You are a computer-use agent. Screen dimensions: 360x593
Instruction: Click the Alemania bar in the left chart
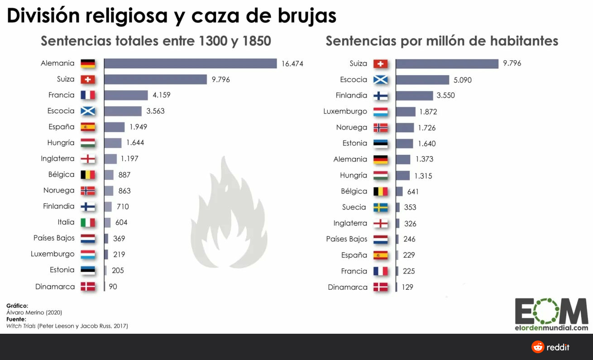190,63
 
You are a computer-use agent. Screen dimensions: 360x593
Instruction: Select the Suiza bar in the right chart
447,63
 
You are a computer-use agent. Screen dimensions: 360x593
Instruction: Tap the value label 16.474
292,64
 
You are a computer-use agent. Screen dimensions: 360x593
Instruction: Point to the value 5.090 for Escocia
463,80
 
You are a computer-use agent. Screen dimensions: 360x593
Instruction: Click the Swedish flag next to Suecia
380,207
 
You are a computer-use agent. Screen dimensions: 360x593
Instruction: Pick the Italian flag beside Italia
88,222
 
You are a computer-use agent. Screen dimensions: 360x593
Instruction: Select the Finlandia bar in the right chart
414,96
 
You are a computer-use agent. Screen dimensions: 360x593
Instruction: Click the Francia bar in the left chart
126,95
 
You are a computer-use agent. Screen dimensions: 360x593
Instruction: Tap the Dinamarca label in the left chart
55,287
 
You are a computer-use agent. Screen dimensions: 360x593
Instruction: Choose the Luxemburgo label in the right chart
345,111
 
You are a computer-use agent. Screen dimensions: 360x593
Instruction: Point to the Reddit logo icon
538,347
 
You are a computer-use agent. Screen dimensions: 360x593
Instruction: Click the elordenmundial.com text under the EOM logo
551,328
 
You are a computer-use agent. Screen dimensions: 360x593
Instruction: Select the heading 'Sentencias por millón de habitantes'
442,41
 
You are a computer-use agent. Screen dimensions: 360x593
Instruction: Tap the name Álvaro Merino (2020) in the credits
34,312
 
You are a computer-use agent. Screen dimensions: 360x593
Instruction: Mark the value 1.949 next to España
138,127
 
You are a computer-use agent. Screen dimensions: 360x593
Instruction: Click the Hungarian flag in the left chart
88,143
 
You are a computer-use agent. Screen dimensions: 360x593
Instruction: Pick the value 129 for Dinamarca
407,287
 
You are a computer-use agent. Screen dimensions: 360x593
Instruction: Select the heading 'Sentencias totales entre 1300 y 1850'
156,41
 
